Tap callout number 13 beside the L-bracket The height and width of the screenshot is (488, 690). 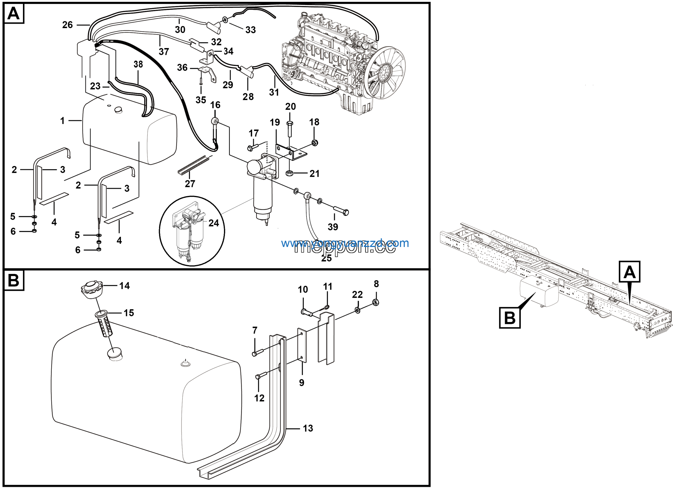click(x=308, y=428)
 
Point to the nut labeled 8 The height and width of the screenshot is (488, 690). click(x=375, y=302)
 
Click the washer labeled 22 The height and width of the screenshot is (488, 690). click(x=358, y=310)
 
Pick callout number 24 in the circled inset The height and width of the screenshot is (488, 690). click(x=214, y=223)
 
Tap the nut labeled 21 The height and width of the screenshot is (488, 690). click(x=289, y=173)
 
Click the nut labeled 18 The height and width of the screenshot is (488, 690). click(x=315, y=143)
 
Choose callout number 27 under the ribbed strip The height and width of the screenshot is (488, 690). click(x=190, y=184)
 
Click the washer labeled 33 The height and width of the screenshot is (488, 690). click(x=225, y=20)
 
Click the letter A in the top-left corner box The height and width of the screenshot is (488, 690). click(x=13, y=13)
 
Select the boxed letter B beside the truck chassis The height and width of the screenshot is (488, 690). click(x=509, y=317)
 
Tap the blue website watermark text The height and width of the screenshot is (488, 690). click(x=345, y=243)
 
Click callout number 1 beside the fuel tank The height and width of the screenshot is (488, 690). click(x=62, y=121)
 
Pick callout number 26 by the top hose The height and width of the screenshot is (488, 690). click(x=67, y=25)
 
